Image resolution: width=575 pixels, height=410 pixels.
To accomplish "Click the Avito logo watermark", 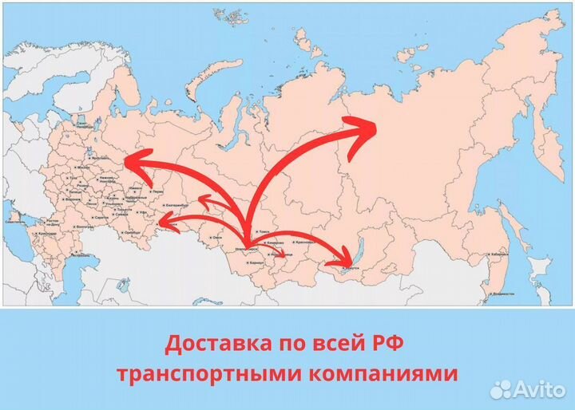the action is pyautogui.click(x=528, y=388).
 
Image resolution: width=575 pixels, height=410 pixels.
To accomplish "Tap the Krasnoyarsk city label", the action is pyautogui.click(x=303, y=242).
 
